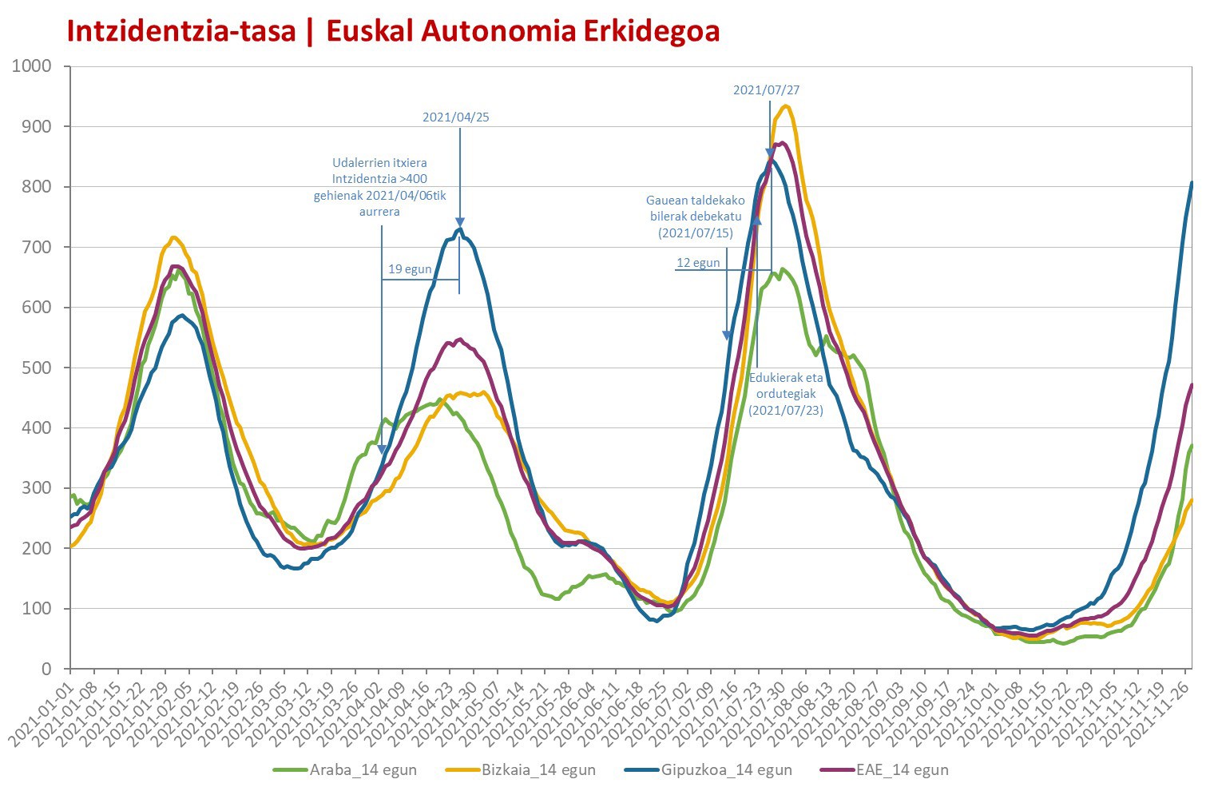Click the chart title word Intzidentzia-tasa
pyautogui.click(x=181, y=30)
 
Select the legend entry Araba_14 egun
pyautogui.click(x=345, y=770)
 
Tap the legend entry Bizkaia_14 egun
pyautogui.click(x=521, y=770)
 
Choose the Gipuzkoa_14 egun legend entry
pyautogui.click(x=708, y=770)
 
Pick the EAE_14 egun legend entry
pyautogui.click(x=884, y=770)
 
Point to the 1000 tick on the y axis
pyautogui.click(x=31, y=66)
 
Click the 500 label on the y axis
pyautogui.click(x=37, y=368)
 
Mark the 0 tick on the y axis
pyautogui.click(x=47, y=669)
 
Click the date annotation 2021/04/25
pyautogui.click(x=456, y=117)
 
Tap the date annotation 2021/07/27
pyautogui.click(x=766, y=89)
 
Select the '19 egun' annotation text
pyautogui.click(x=410, y=269)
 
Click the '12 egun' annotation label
pyautogui.click(x=698, y=263)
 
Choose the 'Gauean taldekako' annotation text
pyautogui.click(x=696, y=200)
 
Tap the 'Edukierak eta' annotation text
pyautogui.click(x=786, y=377)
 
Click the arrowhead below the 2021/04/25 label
pyautogui.click(x=460, y=222)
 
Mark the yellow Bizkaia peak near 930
pyautogui.click(x=785, y=106)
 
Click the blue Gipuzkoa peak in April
pyautogui.click(x=460, y=229)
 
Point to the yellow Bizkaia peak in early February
pyautogui.click(x=173, y=237)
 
